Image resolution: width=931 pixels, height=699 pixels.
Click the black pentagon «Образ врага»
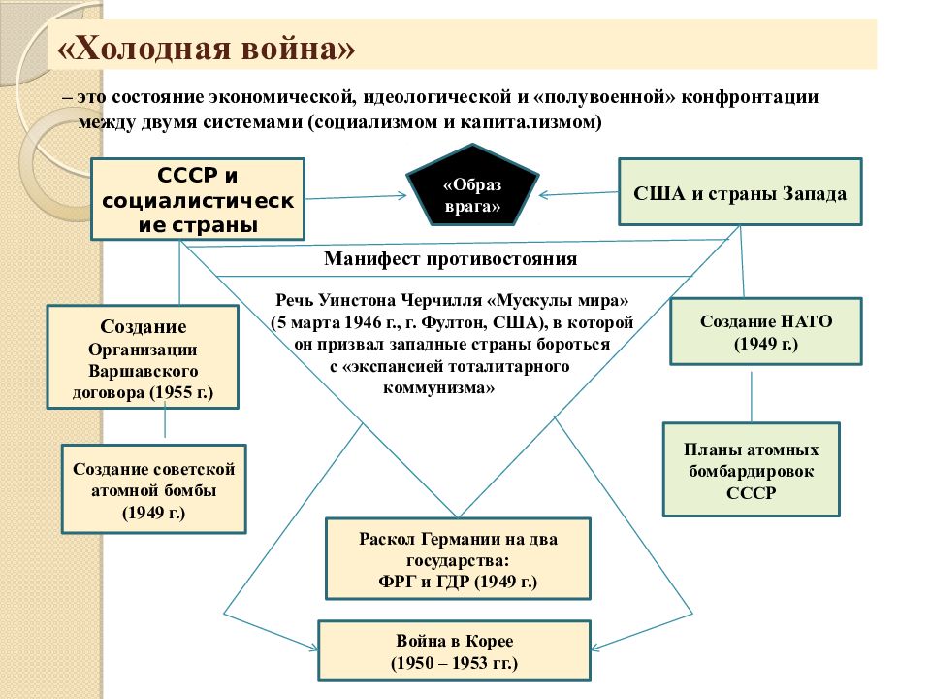pyautogui.click(x=472, y=184)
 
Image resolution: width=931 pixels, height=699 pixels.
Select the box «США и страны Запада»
pyautogui.click(x=740, y=192)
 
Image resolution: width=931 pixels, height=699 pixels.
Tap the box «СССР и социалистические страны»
pyautogui.click(x=198, y=199)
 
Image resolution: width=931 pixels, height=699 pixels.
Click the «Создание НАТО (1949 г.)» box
pyautogui.click(x=766, y=332)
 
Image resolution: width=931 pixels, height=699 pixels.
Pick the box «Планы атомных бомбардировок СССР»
pyautogui.click(x=751, y=470)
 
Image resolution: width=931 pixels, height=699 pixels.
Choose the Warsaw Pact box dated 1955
pyautogui.click(x=143, y=357)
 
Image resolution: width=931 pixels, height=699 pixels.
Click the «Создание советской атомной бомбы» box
pyautogui.click(x=154, y=489)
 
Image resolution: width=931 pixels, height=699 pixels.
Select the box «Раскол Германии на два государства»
pyautogui.click(x=458, y=559)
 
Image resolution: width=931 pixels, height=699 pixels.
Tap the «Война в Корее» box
pyautogui.click(x=454, y=650)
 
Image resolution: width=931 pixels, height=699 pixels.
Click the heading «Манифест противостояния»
pyautogui.click(x=450, y=258)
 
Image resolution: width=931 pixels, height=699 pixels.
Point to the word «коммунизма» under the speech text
pyautogui.click(x=438, y=388)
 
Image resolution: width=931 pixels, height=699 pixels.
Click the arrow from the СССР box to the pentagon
pyautogui.click(x=356, y=197)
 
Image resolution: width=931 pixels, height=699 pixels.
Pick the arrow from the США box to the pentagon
pyautogui.click(x=578, y=194)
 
